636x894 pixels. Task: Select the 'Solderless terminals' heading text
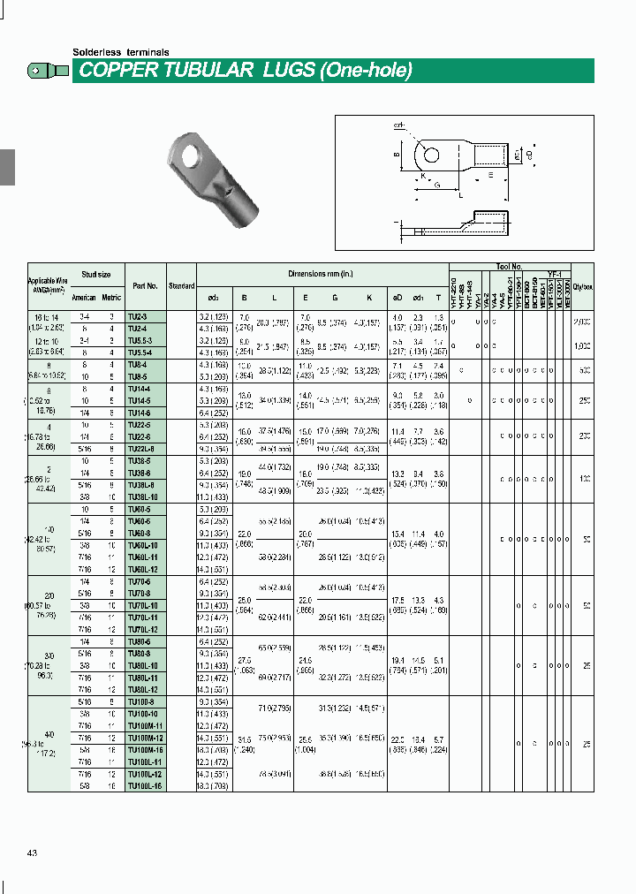click(120, 52)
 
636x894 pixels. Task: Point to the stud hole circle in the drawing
click(431, 155)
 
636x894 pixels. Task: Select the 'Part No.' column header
click(145, 286)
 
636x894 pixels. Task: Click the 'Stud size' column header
click(96, 275)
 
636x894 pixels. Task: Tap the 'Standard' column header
click(181, 286)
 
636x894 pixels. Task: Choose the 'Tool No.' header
click(510, 266)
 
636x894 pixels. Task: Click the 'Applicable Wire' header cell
click(48, 281)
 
